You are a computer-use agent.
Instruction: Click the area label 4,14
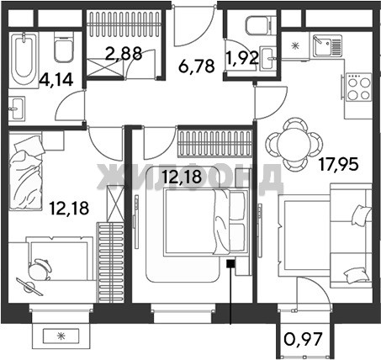pos(56,79)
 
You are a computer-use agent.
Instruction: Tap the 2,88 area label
pos(123,54)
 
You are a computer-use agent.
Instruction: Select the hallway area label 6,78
pos(197,66)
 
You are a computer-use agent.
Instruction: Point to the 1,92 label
pos(242,58)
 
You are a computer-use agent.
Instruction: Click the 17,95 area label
pos(339,164)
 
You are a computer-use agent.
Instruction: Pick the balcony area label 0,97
pos(303,339)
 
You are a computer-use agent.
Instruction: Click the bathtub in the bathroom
pos(24,60)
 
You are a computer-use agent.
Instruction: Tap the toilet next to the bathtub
pos(64,47)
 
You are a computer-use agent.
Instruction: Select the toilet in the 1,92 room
pos(261,24)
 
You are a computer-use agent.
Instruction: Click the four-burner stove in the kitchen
pos(357,87)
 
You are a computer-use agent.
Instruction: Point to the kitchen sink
pos(327,45)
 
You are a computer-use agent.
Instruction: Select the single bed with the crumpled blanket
pos(26,172)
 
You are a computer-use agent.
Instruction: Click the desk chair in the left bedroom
pos(40,270)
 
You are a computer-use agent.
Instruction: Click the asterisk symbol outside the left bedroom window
pos(61,336)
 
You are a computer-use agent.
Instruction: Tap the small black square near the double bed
pos(230,263)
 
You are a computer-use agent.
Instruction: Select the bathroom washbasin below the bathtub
pos(17,108)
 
